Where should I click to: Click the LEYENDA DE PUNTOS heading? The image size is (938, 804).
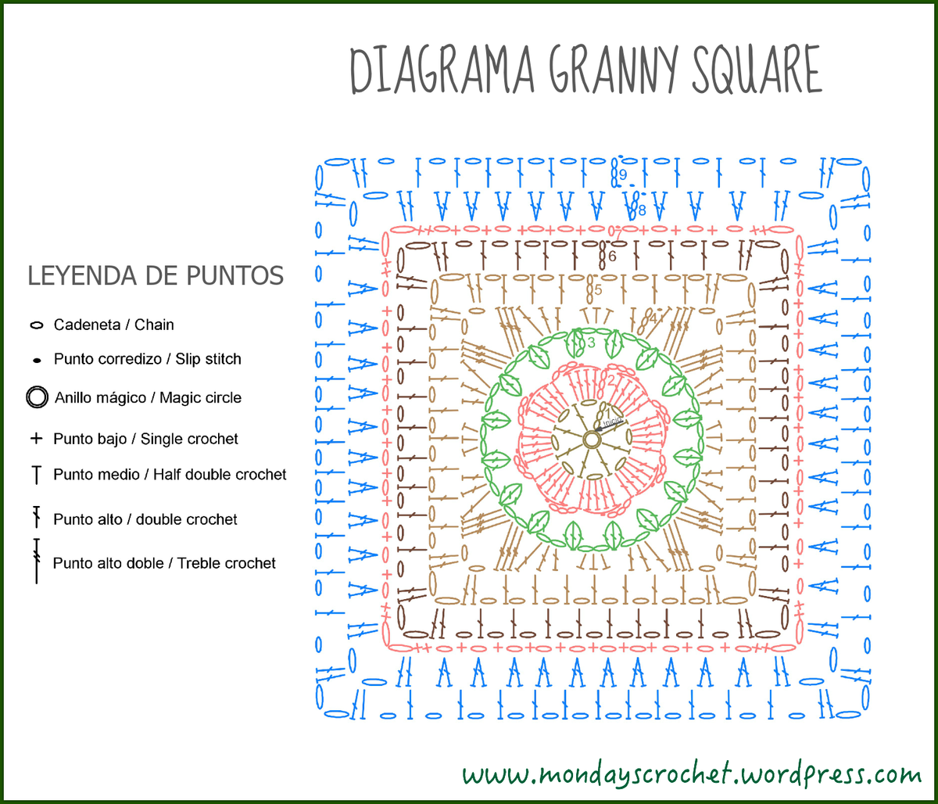[156, 276]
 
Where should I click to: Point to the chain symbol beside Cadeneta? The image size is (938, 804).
[36, 325]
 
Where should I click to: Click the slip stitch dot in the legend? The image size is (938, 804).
[36, 361]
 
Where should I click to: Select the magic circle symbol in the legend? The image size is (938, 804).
[36, 397]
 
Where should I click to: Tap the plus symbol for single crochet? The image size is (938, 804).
[36, 439]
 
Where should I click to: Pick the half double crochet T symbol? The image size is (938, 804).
[36, 475]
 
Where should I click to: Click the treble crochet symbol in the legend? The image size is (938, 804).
[36, 561]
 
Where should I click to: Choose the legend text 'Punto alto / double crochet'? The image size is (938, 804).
[145, 519]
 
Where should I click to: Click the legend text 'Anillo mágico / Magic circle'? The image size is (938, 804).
[148, 397]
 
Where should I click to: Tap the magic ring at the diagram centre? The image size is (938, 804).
[592, 440]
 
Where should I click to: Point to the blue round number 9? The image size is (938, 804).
[623, 174]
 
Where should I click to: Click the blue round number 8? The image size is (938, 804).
[642, 210]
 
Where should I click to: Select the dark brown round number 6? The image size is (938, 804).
[612, 256]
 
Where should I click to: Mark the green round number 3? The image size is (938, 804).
[591, 343]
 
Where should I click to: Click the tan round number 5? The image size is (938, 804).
[598, 290]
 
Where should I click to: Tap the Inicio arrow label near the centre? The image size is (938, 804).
[612, 422]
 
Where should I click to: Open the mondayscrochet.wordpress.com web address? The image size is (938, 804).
[692, 774]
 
